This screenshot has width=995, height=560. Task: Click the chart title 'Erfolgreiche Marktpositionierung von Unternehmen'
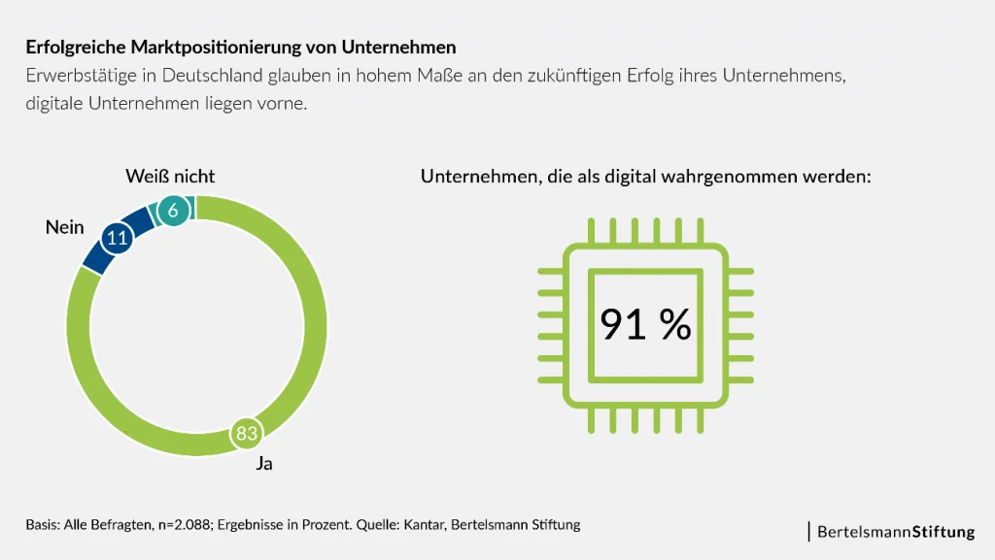[x=240, y=47]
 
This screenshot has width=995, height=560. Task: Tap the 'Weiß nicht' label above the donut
[x=170, y=176]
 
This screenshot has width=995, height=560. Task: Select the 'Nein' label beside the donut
[x=65, y=227]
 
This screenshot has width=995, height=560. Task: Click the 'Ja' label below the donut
[x=264, y=464]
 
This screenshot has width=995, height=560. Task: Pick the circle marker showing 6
[x=173, y=211]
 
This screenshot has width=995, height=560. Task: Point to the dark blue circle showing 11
[x=117, y=238]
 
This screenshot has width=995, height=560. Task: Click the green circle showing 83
[x=247, y=433]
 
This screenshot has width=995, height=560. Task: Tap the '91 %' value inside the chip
[x=645, y=325]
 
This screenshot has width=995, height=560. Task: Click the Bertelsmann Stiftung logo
[x=894, y=532]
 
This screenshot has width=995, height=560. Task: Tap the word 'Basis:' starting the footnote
[x=43, y=525]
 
